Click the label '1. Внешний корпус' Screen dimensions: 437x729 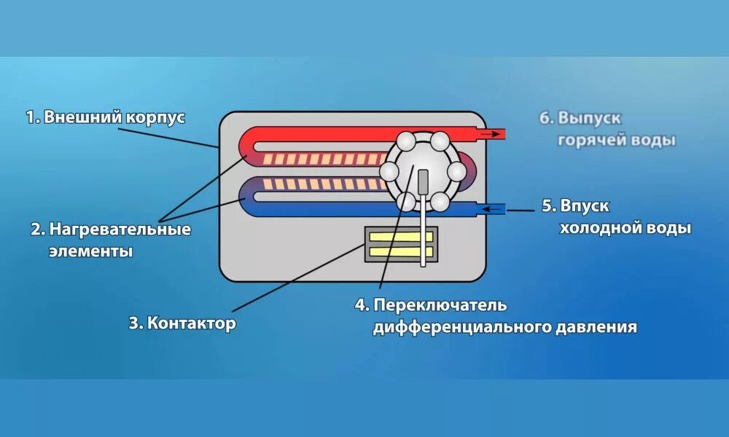(106, 117)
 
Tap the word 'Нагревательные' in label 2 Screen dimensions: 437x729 (120, 230)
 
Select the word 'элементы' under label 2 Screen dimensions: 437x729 (91, 252)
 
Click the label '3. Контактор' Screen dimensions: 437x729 (182, 323)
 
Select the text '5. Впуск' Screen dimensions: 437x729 (575, 206)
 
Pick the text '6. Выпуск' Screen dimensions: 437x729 (580, 117)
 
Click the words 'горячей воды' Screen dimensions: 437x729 (617, 140)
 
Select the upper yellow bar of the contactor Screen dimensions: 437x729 (401, 237)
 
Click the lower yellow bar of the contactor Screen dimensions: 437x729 (401, 252)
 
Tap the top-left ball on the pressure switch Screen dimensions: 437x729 (407, 140)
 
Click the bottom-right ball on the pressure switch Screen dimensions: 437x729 (441, 202)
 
